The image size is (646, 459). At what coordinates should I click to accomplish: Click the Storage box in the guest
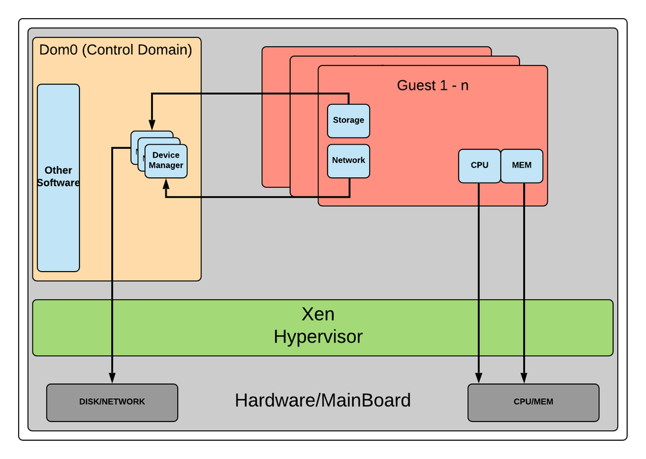348,121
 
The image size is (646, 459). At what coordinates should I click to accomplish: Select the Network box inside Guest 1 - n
348,161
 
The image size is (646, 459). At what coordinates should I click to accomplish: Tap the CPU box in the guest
479,165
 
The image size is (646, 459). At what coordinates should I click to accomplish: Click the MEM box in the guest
521,165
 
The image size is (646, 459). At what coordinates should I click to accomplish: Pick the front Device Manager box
167,161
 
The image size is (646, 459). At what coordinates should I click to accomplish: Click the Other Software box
58,177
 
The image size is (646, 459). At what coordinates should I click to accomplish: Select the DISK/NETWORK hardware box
112,402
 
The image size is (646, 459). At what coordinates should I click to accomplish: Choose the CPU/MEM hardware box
533,402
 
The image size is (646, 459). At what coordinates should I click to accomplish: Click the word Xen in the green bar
318,315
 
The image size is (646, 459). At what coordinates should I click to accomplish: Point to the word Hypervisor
318,337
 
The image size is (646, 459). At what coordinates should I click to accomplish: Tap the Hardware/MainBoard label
322,401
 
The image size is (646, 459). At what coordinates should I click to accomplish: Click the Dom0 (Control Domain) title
116,50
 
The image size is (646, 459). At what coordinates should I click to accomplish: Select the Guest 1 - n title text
432,85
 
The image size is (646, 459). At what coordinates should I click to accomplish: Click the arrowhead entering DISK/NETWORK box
112,378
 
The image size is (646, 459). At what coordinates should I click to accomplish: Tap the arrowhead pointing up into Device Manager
167,184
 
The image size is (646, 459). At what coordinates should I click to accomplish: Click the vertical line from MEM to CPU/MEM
524,278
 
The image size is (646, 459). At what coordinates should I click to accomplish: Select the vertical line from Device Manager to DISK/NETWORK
112,272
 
